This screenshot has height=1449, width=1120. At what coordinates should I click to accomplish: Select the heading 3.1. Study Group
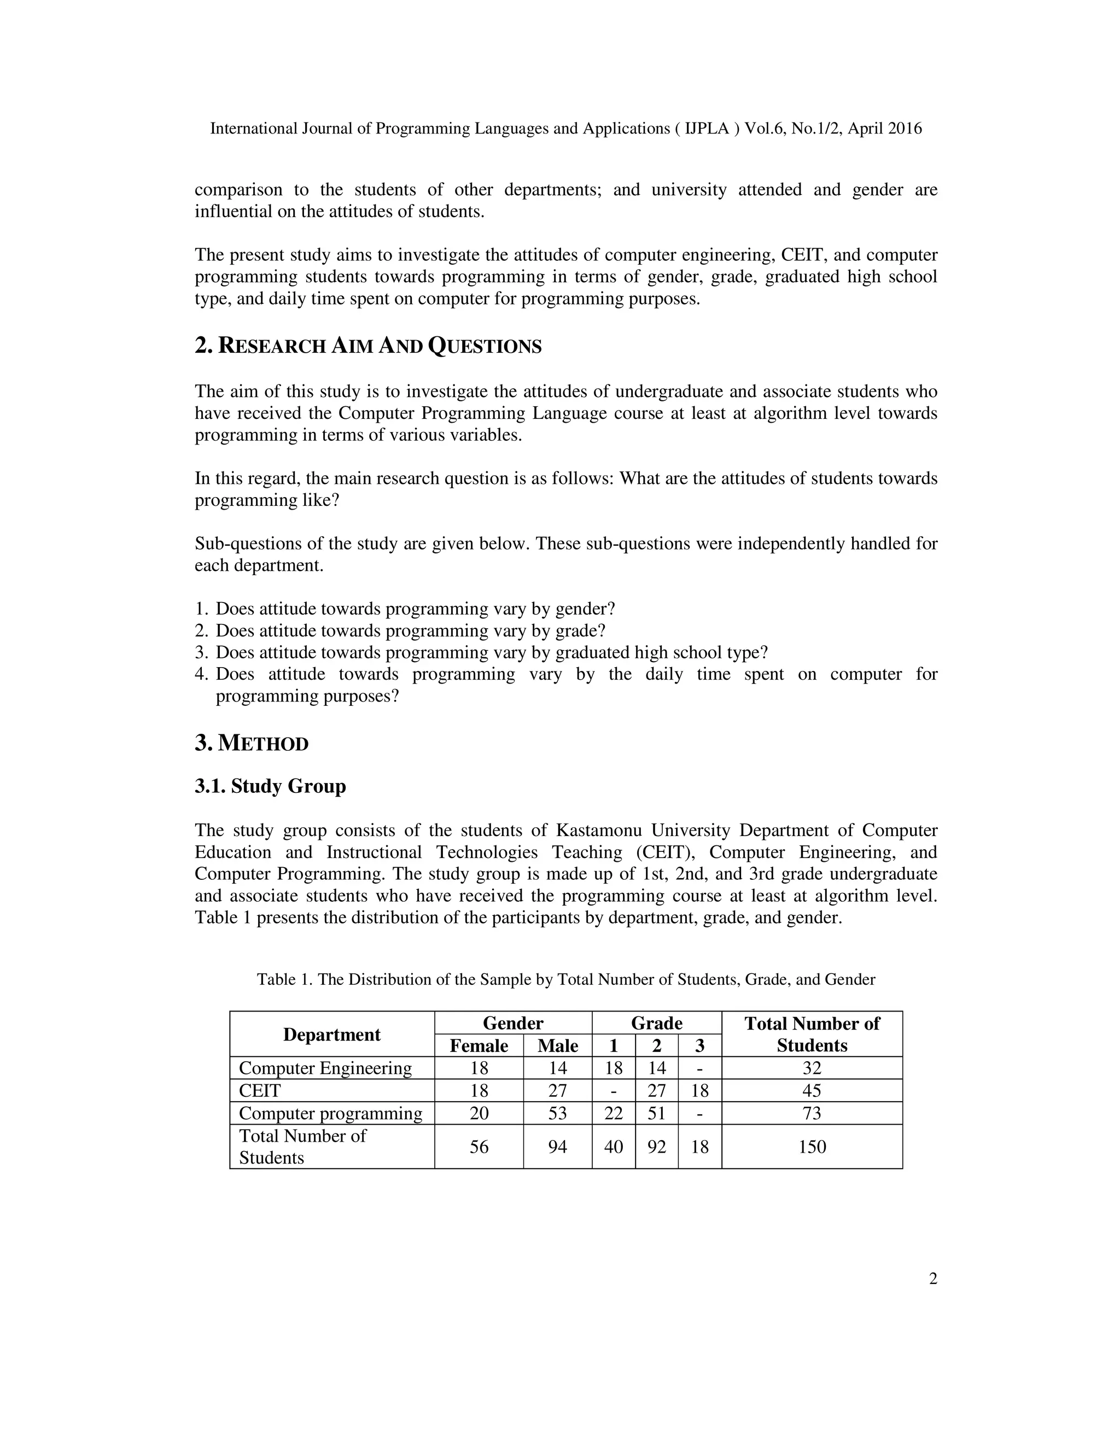tap(270, 786)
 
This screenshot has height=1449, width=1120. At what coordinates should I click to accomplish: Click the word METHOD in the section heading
tap(264, 744)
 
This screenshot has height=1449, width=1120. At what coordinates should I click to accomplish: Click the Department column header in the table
tap(332, 1035)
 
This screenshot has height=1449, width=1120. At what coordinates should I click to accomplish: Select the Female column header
tap(479, 1045)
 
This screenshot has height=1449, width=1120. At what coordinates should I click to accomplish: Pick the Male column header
tap(557, 1045)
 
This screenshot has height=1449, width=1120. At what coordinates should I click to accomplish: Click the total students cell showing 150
tap(812, 1147)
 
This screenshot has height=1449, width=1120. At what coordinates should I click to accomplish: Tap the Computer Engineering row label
tap(325, 1068)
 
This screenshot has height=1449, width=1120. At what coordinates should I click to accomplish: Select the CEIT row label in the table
tap(260, 1091)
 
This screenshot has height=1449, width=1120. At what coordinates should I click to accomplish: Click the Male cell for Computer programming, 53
tap(557, 1113)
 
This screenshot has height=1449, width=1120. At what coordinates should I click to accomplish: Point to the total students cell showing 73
tap(812, 1113)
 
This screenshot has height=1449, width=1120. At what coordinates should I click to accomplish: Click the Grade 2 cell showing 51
tap(656, 1113)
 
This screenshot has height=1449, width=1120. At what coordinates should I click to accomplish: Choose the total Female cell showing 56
tap(479, 1147)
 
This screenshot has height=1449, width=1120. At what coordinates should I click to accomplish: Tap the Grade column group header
tap(656, 1023)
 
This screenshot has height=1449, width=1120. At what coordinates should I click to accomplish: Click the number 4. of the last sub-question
tap(202, 675)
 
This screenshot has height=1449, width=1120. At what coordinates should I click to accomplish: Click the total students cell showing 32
tap(812, 1068)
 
